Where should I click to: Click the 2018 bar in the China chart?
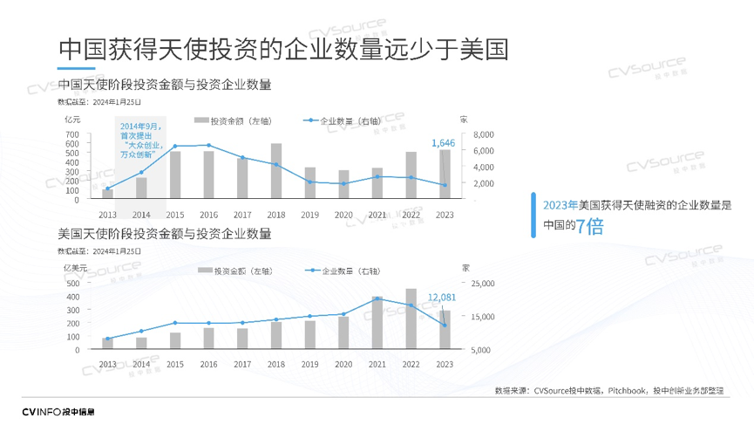(276, 172)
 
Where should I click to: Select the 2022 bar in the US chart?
(411, 319)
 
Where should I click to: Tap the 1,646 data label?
(444, 142)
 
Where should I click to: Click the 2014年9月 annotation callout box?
(140, 140)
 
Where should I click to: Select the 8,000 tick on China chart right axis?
(483, 134)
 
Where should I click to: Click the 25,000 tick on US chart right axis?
(482, 284)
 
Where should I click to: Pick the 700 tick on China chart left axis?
(71, 134)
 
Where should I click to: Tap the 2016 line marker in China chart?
(208, 145)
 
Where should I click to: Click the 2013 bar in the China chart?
(107, 195)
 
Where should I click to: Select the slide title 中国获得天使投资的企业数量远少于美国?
(283, 49)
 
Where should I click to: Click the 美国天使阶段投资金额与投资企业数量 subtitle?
(164, 234)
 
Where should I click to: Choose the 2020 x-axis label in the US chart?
(343, 364)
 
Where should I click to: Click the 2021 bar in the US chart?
(377, 323)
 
